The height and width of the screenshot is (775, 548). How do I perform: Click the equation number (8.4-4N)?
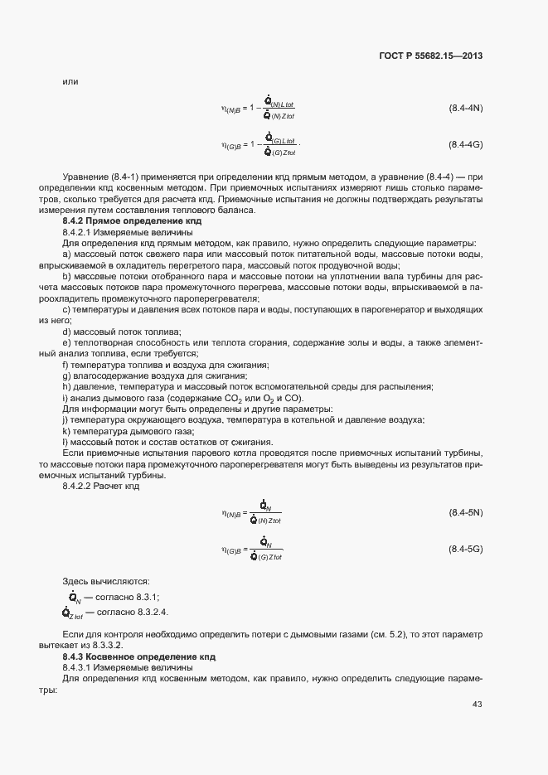coord(466,109)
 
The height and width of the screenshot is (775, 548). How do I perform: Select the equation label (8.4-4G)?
coord(466,145)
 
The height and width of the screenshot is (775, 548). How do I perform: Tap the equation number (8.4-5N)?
coord(466,514)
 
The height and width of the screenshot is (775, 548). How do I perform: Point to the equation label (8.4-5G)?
coord(466,550)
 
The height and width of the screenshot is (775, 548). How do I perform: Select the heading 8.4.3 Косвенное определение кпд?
coord(138,656)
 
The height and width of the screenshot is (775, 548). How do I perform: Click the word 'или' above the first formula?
coord(70,81)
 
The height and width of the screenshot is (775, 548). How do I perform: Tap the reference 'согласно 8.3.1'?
coord(129,598)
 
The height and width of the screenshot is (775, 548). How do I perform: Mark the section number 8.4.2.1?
coord(80,233)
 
